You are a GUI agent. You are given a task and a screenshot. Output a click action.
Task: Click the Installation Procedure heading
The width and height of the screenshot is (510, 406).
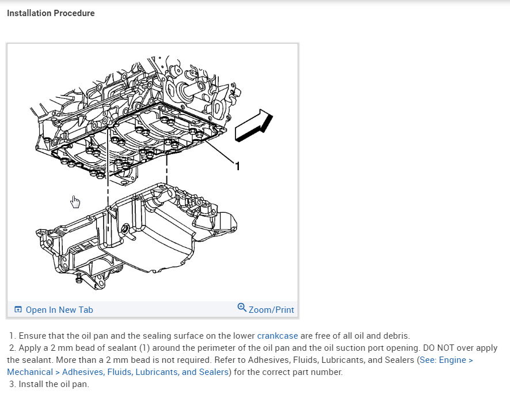[x=51, y=13]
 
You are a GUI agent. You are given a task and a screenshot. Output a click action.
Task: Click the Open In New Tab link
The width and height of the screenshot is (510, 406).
[x=59, y=310]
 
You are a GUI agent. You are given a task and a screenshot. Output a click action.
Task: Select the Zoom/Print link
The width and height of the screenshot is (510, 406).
[x=271, y=310]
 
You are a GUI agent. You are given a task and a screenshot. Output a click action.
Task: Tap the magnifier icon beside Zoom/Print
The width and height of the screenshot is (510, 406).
[x=242, y=308]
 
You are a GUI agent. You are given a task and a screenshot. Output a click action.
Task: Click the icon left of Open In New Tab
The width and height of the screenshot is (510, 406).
[x=18, y=309]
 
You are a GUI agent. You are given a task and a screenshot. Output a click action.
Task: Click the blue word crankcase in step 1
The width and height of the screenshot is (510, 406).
[x=277, y=336]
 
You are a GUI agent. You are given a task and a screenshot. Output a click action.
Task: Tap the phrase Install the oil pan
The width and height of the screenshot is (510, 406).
[x=54, y=384]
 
